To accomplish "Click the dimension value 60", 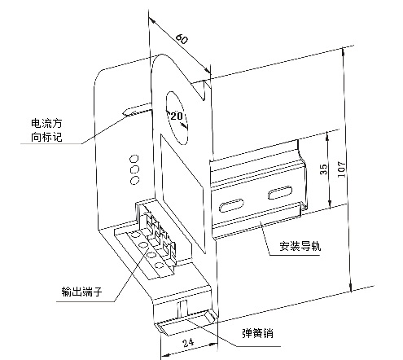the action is click(x=182, y=38).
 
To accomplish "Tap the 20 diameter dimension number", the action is click(x=177, y=116).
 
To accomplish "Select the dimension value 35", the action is click(x=324, y=169).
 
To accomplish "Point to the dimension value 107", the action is click(x=342, y=169).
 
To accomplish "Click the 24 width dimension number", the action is click(x=188, y=342).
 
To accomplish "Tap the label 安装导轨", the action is click(x=300, y=246).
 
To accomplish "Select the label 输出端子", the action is click(x=81, y=292).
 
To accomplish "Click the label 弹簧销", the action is click(x=257, y=333).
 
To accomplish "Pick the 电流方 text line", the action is click(x=46, y=123).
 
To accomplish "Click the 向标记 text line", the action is click(x=46, y=137).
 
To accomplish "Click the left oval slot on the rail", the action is click(x=231, y=205).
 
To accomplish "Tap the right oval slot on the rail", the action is click(x=280, y=192).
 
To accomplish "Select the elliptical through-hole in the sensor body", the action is click(x=177, y=117).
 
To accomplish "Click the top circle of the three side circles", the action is click(x=134, y=158).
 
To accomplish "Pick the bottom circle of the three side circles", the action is click(x=134, y=180).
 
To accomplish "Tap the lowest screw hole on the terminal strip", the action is click(x=159, y=266).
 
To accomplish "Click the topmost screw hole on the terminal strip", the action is click(x=135, y=235).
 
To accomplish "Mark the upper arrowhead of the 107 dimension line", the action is click(x=344, y=52).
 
